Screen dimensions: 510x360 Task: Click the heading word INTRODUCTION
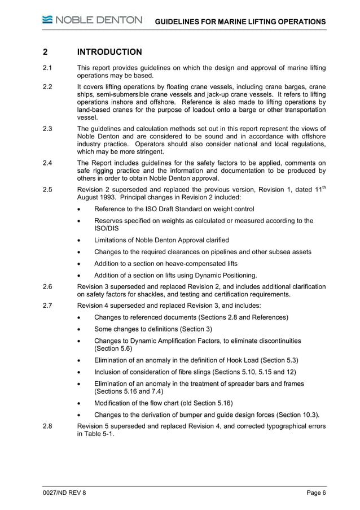point(109,53)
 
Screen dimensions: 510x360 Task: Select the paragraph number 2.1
point(48,68)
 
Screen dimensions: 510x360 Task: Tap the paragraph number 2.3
point(48,129)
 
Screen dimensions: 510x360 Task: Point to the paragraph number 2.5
point(48,190)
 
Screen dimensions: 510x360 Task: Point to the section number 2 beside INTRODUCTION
point(45,53)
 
